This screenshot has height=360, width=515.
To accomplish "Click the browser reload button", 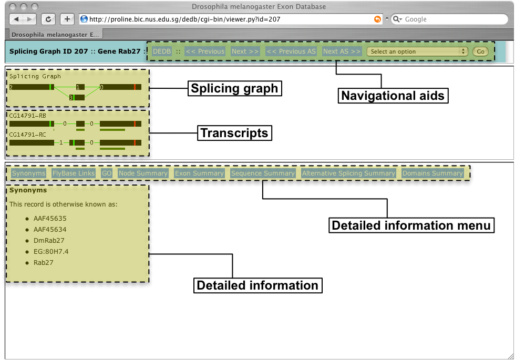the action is (48, 19).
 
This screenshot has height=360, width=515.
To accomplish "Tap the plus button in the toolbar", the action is (67, 19).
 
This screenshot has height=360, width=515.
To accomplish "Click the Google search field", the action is (449, 19).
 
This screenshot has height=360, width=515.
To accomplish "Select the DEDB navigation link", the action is (162, 52).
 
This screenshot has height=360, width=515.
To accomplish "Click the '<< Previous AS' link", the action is (291, 52).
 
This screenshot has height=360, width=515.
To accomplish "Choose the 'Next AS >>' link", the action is (342, 52).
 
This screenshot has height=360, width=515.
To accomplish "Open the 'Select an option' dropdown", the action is (417, 52).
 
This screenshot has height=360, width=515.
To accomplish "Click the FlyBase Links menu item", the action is (74, 173).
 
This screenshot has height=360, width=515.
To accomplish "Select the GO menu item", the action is (107, 173).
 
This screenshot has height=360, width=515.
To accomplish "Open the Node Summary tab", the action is (143, 173).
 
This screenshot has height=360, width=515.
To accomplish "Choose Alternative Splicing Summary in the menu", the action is (348, 173).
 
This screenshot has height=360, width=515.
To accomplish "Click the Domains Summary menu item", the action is (432, 173).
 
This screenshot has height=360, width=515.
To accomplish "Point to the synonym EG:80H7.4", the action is (51, 252).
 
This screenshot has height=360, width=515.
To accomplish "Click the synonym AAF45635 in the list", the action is (50, 219).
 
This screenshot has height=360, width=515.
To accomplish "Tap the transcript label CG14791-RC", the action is (27, 135).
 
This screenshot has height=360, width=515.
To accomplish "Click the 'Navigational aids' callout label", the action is (393, 96).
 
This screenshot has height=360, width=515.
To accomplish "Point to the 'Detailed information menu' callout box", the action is (411, 225).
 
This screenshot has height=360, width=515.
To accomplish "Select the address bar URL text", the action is (185, 19).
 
